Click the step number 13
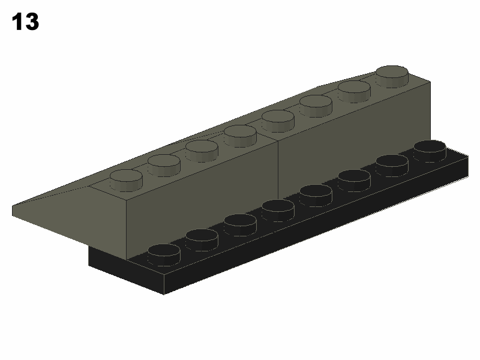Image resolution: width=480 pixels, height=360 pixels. pos(25,22)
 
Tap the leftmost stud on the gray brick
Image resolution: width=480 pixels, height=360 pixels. pos(126,181)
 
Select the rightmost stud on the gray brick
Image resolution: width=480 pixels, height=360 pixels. pos(392,77)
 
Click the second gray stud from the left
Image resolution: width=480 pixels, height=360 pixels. pos(164,166)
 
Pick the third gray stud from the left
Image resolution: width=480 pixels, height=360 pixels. pos(202,151)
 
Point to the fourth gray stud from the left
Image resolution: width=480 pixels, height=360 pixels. pos(240,136)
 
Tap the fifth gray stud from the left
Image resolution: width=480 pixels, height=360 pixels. pos(278,121)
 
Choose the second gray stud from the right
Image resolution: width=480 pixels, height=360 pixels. pos(354,92)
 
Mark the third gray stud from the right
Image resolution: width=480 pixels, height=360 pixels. pos(316,106)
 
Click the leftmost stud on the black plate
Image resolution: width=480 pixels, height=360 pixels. pos(164,255)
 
